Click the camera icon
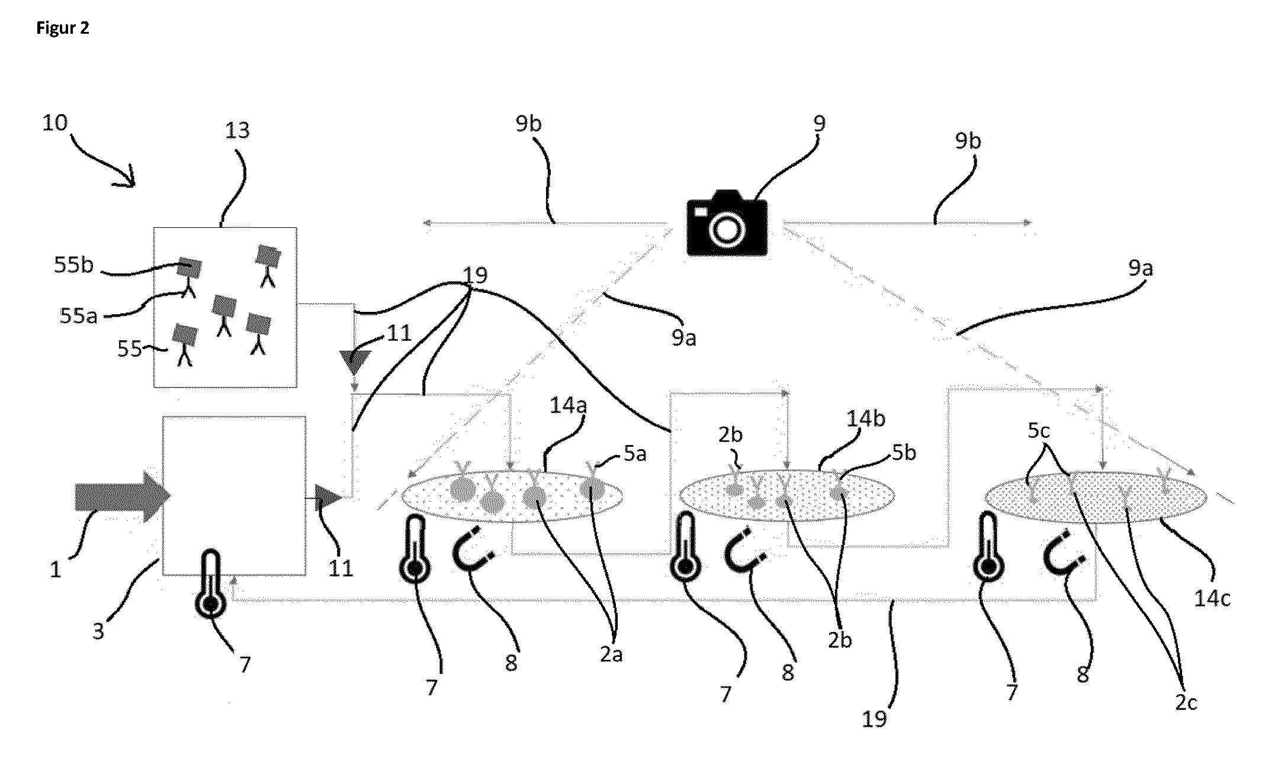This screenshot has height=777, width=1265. pyautogui.click(x=727, y=223)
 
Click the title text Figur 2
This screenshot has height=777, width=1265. pyautogui.click(x=63, y=28)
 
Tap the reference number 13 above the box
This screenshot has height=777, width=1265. pyautogui.click(x=237, y=130)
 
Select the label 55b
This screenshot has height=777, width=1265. pyautogui.click(x=74, y=265)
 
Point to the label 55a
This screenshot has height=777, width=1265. pyautogui.click(x=79, y=316)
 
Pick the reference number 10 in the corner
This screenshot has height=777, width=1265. pyautogui.click(x=55, y=123)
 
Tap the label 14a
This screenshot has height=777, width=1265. pyautogui.click(x=567, y=407)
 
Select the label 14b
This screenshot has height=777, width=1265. pyautogui.click(x=866, y=419)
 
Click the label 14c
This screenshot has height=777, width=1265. pyautogui.click(x=1212, y=598)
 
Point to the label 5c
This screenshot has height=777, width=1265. pyautogui.click(x=1039, y=430)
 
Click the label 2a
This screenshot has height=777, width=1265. pyautogui.click(x=611, y=655)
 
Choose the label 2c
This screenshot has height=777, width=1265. pyautogui.click(x=1186, y=702)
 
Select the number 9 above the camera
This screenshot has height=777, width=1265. pyautogui.click(x=820, y=124)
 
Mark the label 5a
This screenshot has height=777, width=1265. pyautogui.click(x=635, y=453)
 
